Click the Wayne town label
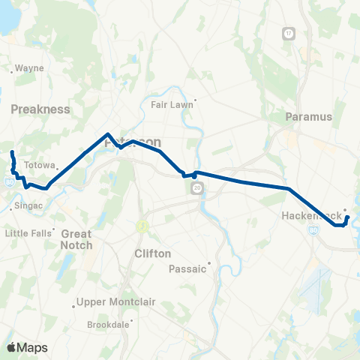pyautogui.click(x=30, y=67)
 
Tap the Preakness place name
pyautogui.click(x=40, y=109)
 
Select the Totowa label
pyautogui.click(x=40, y=165)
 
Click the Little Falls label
pyautogui.click(x=28, y=233)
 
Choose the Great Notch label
pyautogui.click(x=76, y=239)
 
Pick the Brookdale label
pyautogui.click(x=108, y=325)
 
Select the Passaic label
pyautogui.click(x=186, y=268)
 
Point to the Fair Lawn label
pyautogui.click(x=172, y=105)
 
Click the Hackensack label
pyautogui.click(x=310, y=215)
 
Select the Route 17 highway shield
pyautogui.click(x=289, y=34)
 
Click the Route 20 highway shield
pyautogui.click(x=196, y=187)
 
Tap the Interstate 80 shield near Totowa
pyautogui.click(x=8, y=181)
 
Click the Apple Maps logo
pyautogui.click(x=27, y=347)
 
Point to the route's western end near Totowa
pyautogui.click(x=12, y=153)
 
